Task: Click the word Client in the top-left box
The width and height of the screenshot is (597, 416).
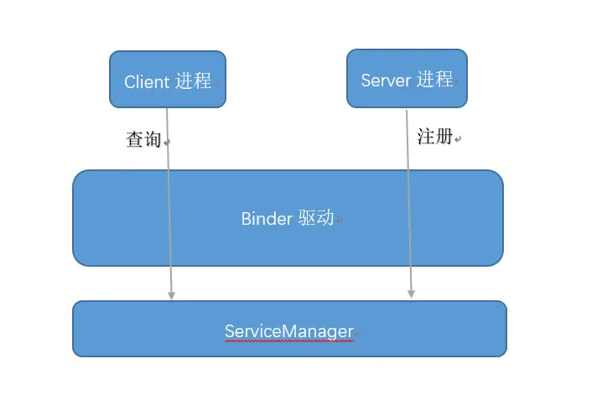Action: point(147,81)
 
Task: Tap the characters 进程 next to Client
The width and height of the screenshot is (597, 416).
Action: point(193,81)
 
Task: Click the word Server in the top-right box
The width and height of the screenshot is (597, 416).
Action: point(386,80)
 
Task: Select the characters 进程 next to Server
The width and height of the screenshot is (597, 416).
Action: point(435,79)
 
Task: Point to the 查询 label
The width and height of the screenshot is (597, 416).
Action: point(143,140)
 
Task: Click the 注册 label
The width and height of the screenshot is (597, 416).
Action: point(434,137)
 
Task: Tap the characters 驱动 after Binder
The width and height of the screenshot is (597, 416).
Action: point(316,218)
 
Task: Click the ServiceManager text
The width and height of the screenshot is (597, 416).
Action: point(289,331)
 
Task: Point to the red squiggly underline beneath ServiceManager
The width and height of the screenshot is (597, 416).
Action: point(289,341)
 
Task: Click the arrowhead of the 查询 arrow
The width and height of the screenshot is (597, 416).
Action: point(172,294)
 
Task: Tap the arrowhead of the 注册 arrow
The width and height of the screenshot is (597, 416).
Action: point(411,294)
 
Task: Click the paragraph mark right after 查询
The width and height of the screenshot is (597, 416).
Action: point(166,143)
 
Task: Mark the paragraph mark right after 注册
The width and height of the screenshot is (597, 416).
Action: point(458,139)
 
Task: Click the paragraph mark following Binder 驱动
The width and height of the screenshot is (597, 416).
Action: point(340,221)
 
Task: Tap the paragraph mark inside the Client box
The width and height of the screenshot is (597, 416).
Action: point(216,85)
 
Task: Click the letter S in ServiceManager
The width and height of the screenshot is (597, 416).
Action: point(229,331)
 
